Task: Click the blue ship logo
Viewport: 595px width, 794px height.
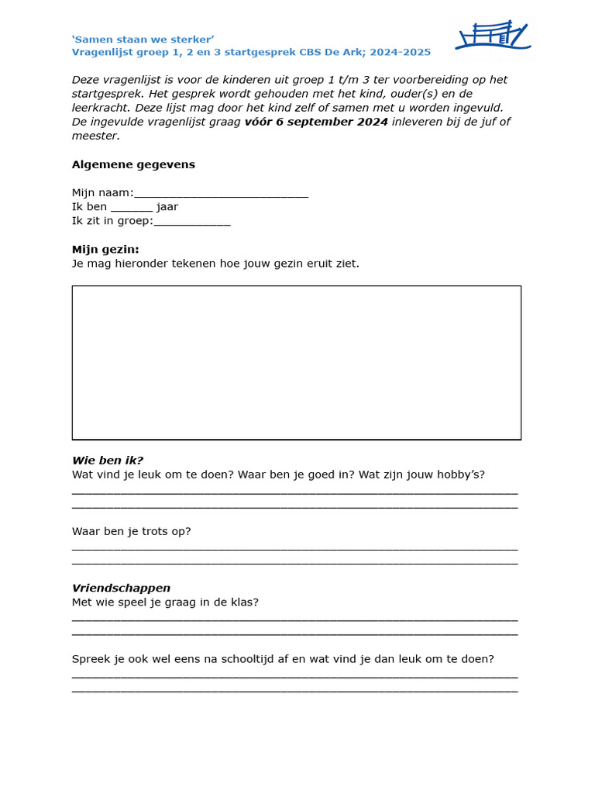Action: [492, 36]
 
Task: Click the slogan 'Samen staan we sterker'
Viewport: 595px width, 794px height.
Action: [143, 39]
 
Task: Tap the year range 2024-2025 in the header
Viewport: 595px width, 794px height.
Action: [401, 53]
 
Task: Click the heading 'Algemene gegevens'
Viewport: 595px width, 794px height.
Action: [133, 164]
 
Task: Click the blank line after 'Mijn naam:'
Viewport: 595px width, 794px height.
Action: [221, 194]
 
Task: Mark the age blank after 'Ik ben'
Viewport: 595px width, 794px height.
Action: [132, 208]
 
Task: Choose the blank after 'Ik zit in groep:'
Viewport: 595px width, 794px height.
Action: [192, 222]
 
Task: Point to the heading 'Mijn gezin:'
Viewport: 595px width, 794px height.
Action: [105, 250]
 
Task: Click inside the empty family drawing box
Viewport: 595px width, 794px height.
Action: [296, 362]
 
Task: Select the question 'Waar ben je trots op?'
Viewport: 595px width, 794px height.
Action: [131, 531]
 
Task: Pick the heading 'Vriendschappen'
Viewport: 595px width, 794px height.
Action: [121, 589]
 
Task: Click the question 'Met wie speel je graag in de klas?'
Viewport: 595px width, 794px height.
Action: [165, 602]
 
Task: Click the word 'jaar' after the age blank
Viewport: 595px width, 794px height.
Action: [167, 207]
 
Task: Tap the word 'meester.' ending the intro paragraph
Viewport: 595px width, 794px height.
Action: [96, 136]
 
